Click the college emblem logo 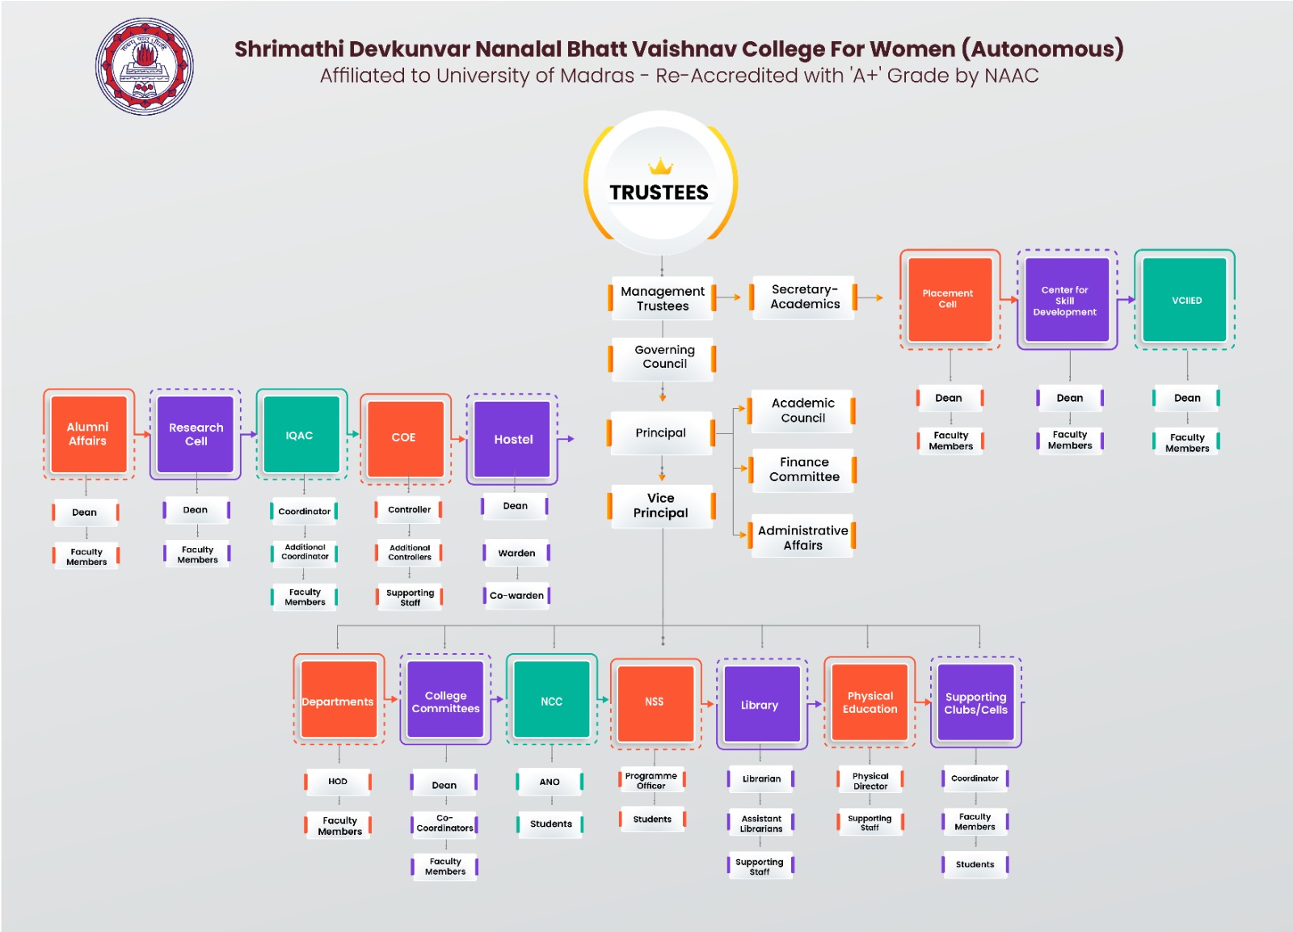145,66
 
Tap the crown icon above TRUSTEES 660,167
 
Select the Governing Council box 663,357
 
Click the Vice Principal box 661,506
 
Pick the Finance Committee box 803,470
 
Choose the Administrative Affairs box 802,538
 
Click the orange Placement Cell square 949,299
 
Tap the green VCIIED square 1186,300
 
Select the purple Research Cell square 196,435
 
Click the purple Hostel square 512,439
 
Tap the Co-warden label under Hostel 516,596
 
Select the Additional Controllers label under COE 410,553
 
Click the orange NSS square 655,702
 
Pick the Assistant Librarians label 761,824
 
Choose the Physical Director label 870,781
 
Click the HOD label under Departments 338,782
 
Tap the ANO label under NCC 550,782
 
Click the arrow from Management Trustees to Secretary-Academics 729,297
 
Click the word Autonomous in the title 1042,49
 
